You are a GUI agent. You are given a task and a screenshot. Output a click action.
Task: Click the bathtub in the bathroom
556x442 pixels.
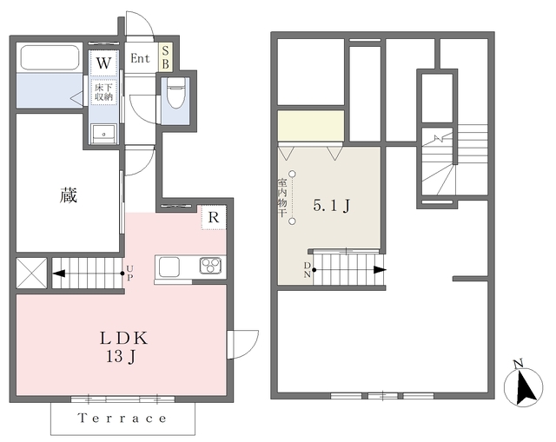(x=50, y=58)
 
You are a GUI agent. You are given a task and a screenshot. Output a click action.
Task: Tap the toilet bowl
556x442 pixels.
(x=175, y=93)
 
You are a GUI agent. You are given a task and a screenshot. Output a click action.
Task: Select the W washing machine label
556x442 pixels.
(x=103, y=63)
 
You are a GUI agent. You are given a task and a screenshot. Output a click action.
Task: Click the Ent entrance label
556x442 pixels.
(x=140, y=58)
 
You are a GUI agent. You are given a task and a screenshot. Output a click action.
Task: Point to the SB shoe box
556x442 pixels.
(x=165, y=58)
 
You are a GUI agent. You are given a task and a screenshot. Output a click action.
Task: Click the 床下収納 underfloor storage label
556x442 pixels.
(x=103, y=92)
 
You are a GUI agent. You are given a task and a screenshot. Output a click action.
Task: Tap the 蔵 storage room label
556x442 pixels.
(x=68, y=195)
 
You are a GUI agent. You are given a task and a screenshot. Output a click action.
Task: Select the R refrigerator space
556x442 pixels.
(x=214, y=218)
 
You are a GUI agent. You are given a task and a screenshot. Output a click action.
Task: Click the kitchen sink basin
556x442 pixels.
(x=169, y=267)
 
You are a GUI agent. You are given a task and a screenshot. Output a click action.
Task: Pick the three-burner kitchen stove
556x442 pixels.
(x=210, y=266)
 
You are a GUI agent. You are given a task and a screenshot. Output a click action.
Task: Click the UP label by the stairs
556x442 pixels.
(x=129, y=274)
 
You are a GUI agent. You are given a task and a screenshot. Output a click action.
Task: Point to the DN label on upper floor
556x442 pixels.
(x=307, y=270)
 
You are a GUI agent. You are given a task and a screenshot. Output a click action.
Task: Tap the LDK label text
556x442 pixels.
(x=123, y=339)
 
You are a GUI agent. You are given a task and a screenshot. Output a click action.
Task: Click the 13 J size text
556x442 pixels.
(x=121, y=357)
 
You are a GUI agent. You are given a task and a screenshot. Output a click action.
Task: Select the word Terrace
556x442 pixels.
(x=122, y=419)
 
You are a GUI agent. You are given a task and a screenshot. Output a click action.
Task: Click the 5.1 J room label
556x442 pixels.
(x=332, y=205)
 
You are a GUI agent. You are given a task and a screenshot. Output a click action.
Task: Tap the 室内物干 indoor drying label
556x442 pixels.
(x=282, y=198)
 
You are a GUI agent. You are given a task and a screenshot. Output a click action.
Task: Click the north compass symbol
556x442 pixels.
(x=523, y=385)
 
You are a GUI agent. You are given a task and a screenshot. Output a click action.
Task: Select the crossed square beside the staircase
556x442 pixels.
(x=31, y=274)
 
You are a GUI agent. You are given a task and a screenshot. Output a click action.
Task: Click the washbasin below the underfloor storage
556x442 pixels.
(x=104, y=134)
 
